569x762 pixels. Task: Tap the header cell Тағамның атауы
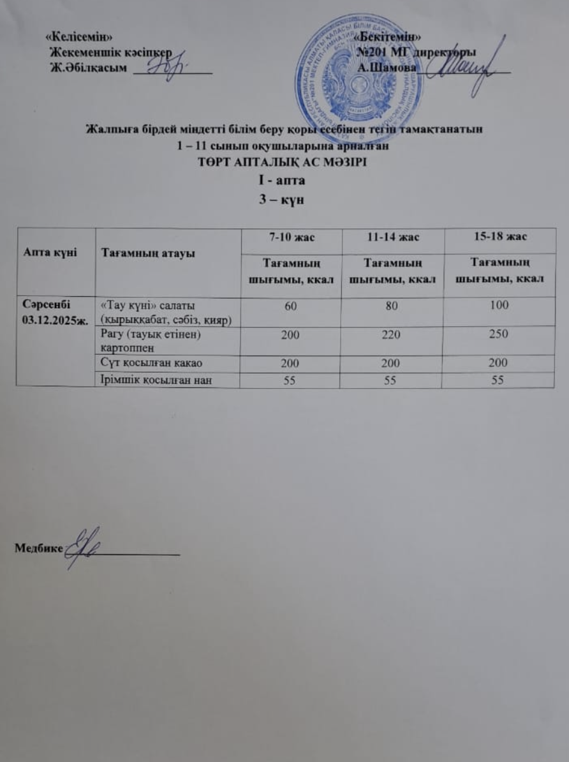[135, 253]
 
